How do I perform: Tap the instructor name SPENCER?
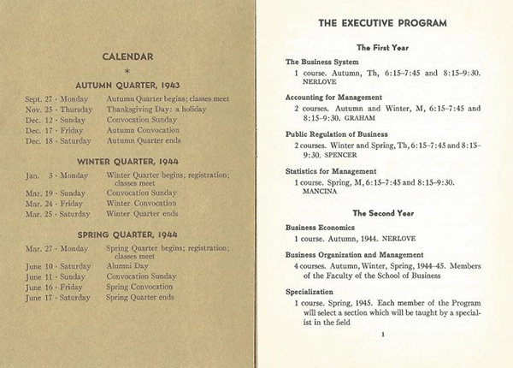coord(345,155)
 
